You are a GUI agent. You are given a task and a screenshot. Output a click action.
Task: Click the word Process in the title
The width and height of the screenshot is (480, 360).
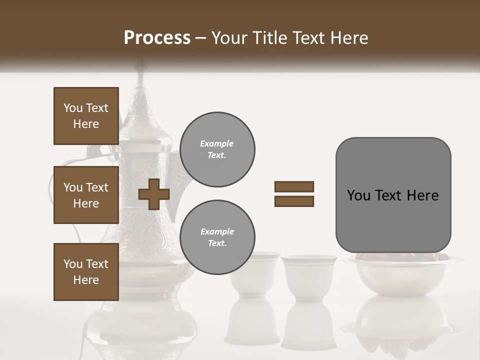tap(157, 38)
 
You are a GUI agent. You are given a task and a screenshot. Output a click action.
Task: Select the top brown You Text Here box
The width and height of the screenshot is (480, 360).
tap(86, 116)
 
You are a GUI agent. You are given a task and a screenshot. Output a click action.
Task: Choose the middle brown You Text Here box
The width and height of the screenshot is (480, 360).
tap(86, 195)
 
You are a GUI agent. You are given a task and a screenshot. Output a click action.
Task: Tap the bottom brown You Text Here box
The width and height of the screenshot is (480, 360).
tap(86, 272)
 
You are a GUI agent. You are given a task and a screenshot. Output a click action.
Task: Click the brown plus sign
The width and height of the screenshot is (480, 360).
tap(154, 195)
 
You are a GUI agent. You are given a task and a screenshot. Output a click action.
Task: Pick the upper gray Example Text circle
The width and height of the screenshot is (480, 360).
tap(217, 149)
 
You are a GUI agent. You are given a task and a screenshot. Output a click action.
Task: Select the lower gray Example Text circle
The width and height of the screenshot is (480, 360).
tap(217, 237)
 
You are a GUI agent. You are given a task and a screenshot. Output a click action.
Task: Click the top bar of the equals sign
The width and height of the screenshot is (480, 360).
tap(294, 186)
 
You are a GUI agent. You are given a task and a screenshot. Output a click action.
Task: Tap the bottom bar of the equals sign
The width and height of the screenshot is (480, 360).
tap(294, 201)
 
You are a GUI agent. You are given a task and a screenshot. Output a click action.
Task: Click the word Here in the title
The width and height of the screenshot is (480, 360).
tap(348, 38)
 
